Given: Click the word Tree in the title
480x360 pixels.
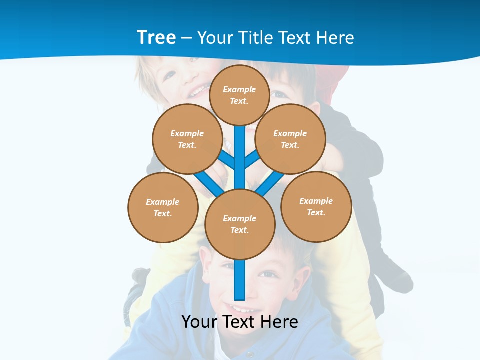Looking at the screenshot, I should pyautogui.click(x=156, y=37).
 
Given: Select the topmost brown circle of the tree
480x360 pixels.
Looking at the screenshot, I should pyautogui.click(x=239, y=95).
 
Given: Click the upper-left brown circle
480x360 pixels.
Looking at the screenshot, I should pyautogui.click(x=187, y=139).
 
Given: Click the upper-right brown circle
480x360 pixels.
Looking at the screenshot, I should pyautogui.click(x=290, y=139).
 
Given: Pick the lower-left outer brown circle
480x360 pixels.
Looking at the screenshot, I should pyautogui.click(x=162, y=207).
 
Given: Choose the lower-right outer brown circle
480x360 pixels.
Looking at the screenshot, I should pyautogui.click(x=316, y=206).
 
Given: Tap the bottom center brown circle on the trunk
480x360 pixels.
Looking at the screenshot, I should pyautogui.click(x=239, y=224).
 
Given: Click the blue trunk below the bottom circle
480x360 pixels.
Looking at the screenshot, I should pyautogui.click(x=240, y=280).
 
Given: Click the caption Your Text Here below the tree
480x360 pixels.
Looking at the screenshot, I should pyautogui.click(x=239, y=321).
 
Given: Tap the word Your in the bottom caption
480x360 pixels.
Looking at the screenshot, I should pyautogui.click(x=199, y=321).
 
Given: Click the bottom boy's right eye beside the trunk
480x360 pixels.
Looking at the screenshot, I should pyautogui.click(x=269, y=274).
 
